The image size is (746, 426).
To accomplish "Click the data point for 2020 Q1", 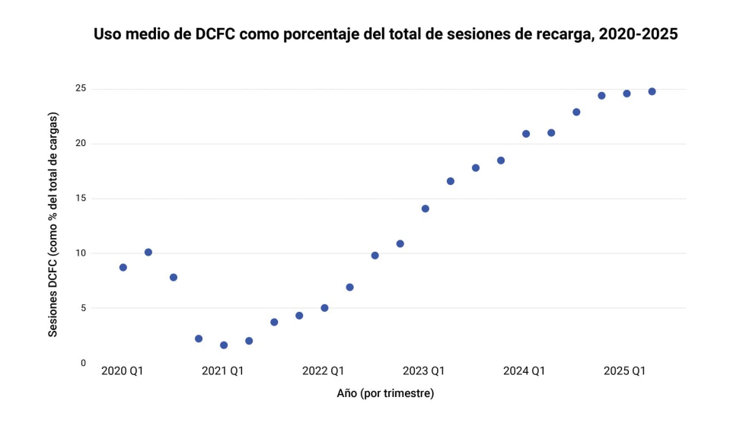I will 123,267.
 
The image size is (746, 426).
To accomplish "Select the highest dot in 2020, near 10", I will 148,252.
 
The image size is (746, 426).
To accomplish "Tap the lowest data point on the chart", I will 224,345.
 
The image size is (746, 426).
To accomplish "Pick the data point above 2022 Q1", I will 324,308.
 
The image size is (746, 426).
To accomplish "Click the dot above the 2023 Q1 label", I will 426,208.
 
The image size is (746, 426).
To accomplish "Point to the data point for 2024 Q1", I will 526,134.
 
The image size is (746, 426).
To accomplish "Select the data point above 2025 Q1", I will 626,94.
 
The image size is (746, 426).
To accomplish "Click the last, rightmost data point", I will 652,91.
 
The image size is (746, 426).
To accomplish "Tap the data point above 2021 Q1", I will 224,345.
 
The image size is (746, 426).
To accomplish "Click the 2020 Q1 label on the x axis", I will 123,371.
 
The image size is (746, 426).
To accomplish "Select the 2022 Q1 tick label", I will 324,371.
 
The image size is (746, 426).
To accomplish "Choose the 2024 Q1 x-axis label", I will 524,371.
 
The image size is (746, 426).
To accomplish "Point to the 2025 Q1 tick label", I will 625,371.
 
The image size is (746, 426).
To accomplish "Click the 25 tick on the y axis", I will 80,89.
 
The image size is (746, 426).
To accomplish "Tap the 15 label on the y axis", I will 80,199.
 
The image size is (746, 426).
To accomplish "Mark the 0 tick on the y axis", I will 83,363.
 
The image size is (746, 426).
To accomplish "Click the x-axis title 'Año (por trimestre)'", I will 385,393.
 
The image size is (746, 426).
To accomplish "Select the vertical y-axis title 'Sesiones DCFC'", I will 53,224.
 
